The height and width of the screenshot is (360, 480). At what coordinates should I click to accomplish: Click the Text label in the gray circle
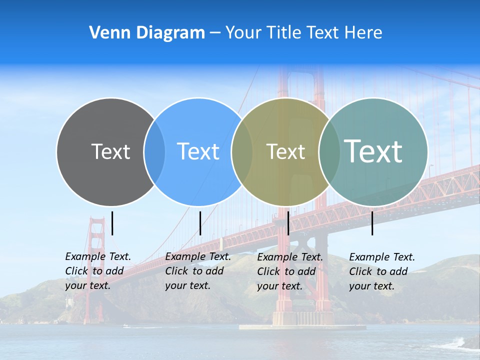coord(110,151)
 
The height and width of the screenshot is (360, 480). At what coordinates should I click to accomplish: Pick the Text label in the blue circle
coord(198,151)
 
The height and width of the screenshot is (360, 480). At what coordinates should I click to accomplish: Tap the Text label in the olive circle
coord(285,151)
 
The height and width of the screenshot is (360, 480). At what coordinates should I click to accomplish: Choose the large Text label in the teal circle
coord(373,151)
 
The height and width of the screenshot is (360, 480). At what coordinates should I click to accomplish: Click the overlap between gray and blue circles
coord(154,152)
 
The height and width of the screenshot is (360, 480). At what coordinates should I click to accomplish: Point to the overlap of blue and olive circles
coord(242,152)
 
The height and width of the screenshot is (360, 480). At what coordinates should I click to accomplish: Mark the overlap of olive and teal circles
coord(329,152)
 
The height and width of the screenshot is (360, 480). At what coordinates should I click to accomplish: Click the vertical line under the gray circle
coord(112,223)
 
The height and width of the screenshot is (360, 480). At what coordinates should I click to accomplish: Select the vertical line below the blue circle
coord(200,223)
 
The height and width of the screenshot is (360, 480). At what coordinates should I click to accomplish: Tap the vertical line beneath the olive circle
coord(288,223)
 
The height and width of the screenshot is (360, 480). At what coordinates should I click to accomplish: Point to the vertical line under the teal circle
coord(372,223)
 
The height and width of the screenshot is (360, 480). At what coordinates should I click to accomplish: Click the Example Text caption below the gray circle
coord(97,271)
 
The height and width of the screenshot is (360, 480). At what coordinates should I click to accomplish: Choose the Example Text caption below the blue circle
coord(197,271)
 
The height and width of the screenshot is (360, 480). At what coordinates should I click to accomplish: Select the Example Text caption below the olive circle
coord(289,271)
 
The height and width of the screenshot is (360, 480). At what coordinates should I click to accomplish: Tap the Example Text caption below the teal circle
coord(381,271)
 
